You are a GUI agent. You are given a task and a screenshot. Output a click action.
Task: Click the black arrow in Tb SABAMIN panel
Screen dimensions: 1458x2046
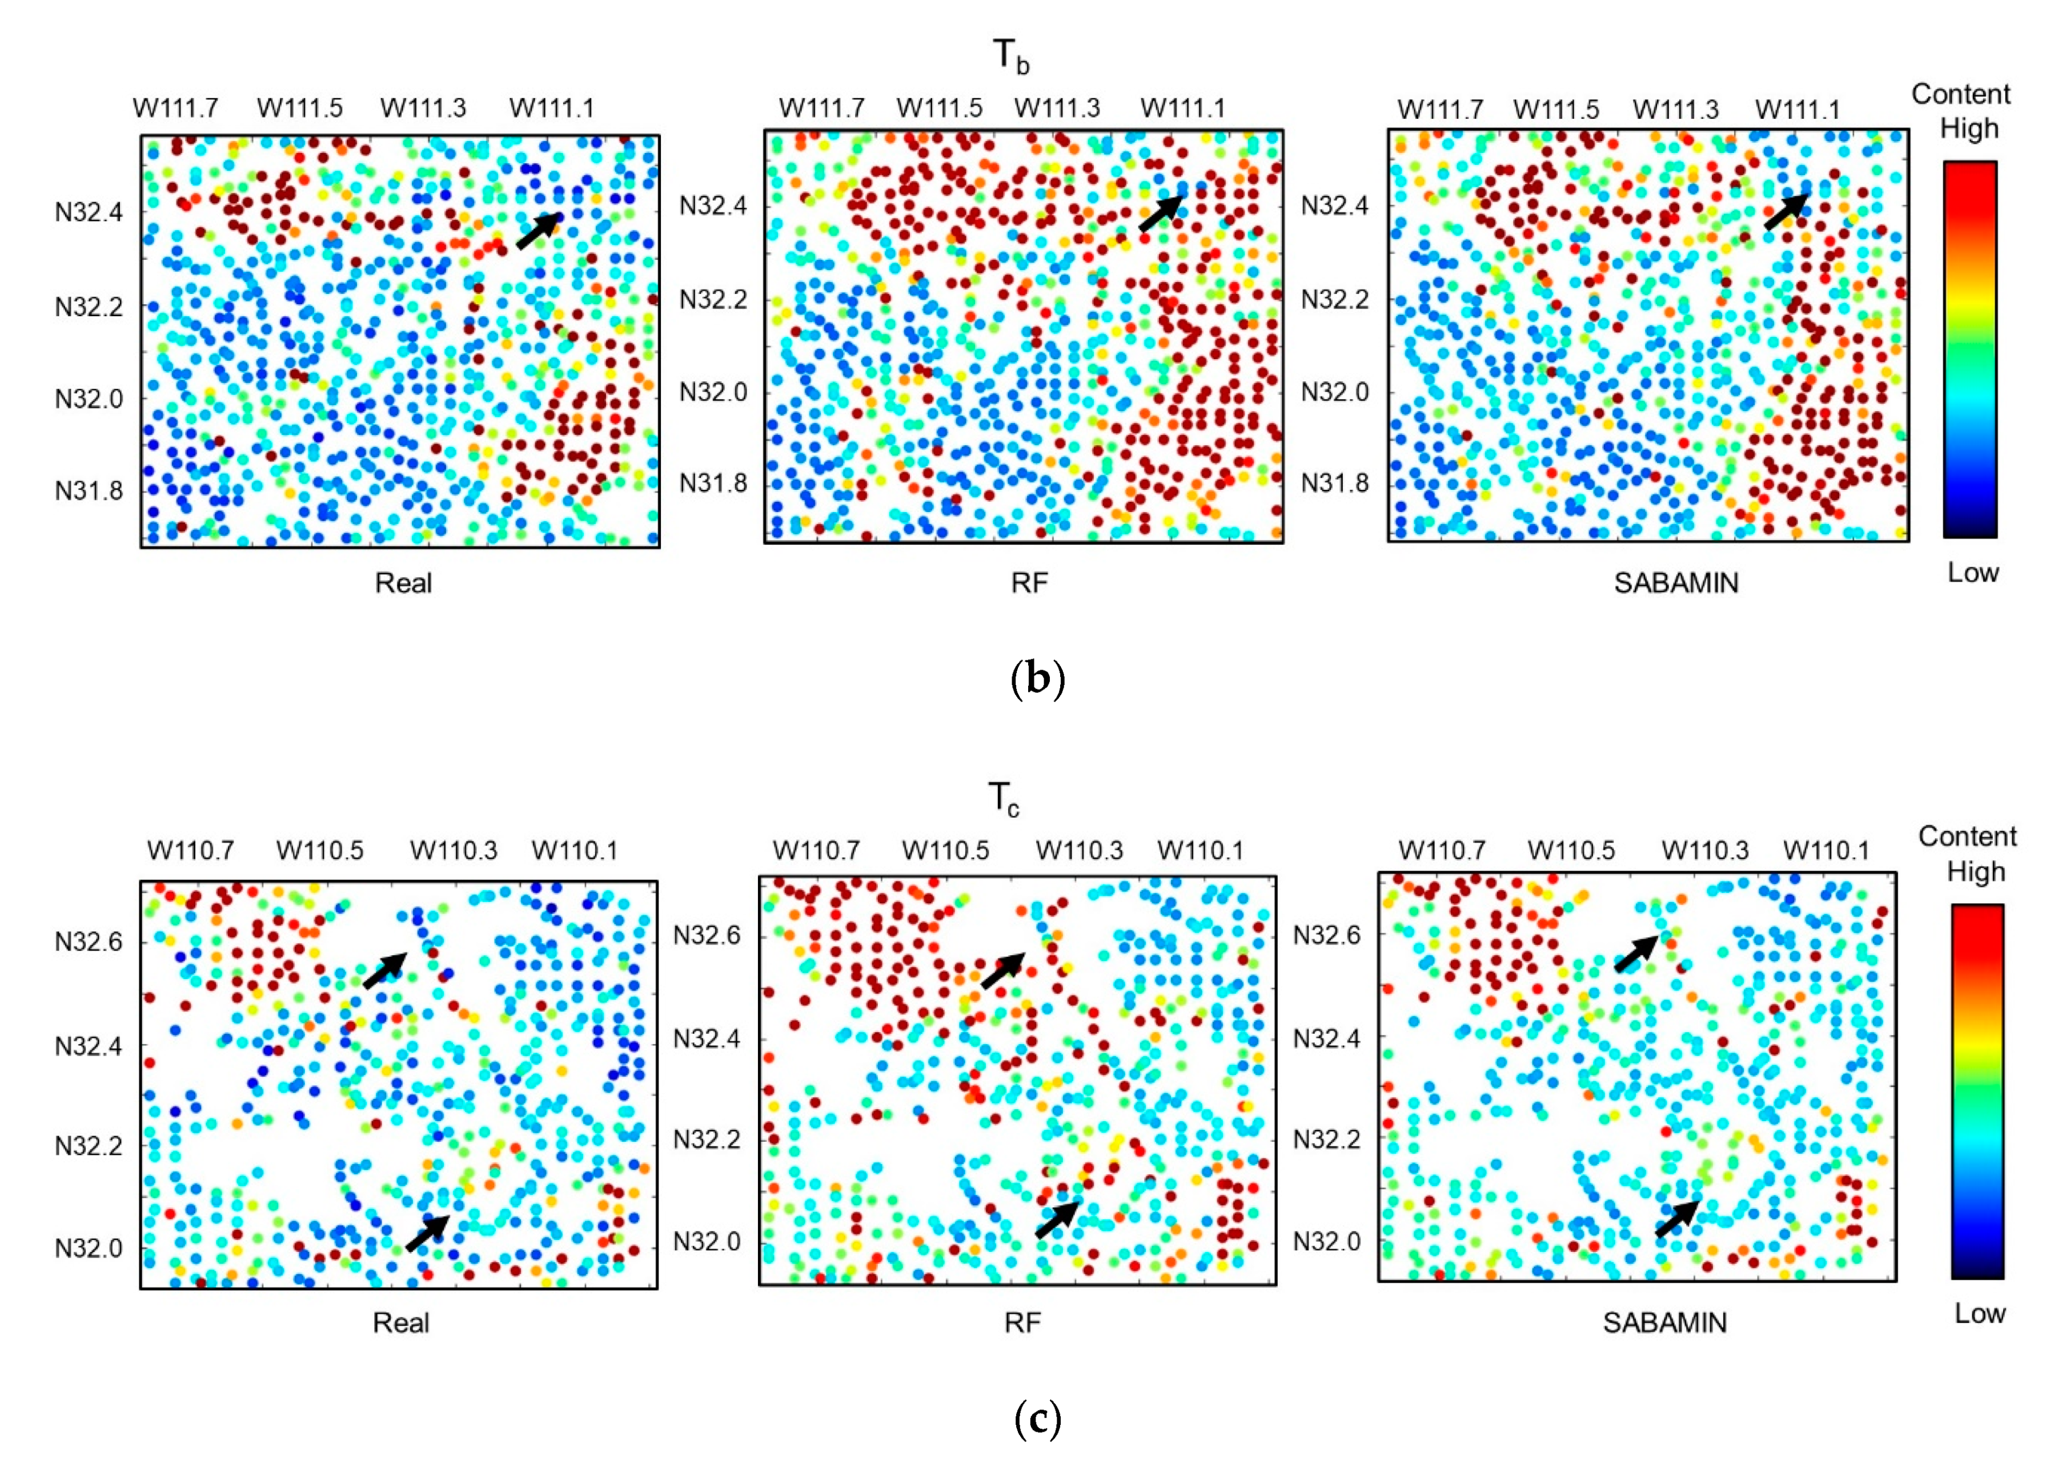coord(1786,212)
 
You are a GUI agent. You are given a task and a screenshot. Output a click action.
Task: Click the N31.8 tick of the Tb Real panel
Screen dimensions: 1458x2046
coord(89,491)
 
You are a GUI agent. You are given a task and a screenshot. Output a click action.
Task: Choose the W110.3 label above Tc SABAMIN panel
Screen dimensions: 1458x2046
coord(1704,850)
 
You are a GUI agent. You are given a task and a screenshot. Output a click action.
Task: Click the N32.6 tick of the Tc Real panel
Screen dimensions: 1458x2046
coord(89,942)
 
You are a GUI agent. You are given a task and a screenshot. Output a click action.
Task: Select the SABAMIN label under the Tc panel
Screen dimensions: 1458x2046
coord(1664,1323)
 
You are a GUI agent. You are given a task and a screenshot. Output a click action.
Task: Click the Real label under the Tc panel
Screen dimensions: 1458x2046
coord(400,1323)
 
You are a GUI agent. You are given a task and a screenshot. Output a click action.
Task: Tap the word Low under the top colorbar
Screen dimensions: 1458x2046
coord(1972,573)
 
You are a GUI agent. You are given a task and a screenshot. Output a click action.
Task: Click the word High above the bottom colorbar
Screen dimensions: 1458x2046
coord(1975,872)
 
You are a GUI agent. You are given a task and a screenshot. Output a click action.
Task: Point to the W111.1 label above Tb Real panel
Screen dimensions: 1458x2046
coord(551,108)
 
